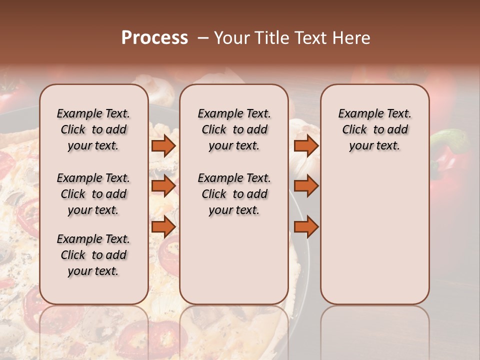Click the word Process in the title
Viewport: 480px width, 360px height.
pyautogui.click(x=154, y=38)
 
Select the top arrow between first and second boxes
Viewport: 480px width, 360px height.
pyautogui.click(x=163, y=145)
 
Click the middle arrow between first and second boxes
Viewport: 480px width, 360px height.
pyautogui.click(x=163, y=186)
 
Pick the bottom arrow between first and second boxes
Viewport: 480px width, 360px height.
pyautogui.click(x=163, y=226)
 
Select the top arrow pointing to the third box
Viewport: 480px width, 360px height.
pyautogui.click(x=306, y=145)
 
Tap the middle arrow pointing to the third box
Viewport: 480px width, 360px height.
pyautogui.click(x=306, y=186)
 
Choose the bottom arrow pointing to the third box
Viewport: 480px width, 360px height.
pyautogui.click(x=306, y=226)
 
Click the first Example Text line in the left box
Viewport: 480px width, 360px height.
pyautogui.click(x=93, y=113)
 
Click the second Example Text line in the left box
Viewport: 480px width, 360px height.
pyautogui.click(x=93, y=178)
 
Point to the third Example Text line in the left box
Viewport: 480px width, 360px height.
pyautogui.click(x=93, y=239)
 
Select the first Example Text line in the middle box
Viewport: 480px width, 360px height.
pyautogui.click(x=234, y=113)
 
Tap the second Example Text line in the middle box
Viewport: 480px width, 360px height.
pyautogui.click(x=234, y=178)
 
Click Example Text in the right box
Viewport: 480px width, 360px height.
pyautogui.click(x=374, y=113)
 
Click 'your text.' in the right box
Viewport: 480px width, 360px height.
pyautogui.click(x=374, y=146)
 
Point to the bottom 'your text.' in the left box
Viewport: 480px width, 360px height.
pyautogui.click(x=93, y=271)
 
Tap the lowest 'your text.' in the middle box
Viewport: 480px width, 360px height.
pyautogui.click(x=234, y=210)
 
